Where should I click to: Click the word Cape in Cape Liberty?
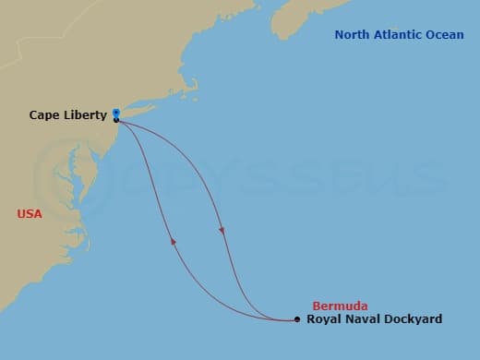click(44, 115)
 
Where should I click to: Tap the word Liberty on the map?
click(85, 115)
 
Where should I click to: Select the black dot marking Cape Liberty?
click(115, 120)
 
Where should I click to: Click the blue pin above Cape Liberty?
click(115, 114)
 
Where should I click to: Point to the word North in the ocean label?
click(353, 35)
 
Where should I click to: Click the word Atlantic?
click(398, 35)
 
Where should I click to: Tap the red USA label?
click(30, 213)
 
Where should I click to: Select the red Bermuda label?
click(340, 305)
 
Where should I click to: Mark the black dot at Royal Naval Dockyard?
click(296, 320)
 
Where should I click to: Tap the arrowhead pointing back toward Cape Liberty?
click(173, 241)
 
